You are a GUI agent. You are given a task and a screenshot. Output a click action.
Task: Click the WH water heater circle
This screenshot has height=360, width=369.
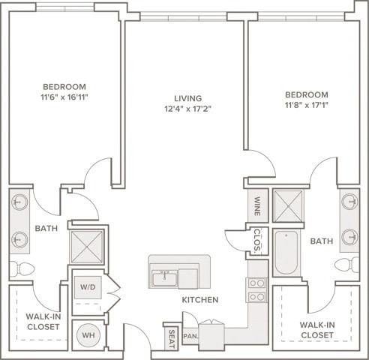click(88, 335)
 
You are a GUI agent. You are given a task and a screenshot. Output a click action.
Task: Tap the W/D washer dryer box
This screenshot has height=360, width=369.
click(88, 287)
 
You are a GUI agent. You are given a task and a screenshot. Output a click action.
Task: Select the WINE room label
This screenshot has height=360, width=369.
click(257, 206)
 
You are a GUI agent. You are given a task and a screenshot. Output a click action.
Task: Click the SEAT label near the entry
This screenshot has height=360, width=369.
click(172, 339)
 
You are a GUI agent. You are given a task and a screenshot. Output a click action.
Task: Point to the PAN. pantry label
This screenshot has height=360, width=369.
click(191, 336)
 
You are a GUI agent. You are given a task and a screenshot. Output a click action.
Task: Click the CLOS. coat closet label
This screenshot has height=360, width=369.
click(257, 240)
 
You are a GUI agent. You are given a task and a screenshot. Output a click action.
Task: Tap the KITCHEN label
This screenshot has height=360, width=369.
click(200, 300)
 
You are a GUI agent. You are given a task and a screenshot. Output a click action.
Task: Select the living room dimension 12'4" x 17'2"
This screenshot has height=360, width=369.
click(188, 109)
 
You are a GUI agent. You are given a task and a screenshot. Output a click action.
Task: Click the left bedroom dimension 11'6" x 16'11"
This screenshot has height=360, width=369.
click(64, 97)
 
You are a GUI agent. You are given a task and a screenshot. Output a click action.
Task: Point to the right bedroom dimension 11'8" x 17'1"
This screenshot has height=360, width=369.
click(307, 105)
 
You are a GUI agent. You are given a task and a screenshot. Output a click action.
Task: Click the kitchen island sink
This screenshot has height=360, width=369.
click(165, 278)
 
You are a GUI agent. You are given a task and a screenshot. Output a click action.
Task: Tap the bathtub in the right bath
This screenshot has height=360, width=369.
click(286, 252)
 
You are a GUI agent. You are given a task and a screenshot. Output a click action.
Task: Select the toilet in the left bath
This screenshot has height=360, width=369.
click(22, 269)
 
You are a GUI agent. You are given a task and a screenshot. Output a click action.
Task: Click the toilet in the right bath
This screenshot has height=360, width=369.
click(347, 265)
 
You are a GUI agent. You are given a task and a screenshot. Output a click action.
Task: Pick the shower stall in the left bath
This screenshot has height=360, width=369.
click(86, 247)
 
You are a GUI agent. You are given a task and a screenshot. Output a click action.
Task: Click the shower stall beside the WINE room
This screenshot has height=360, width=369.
click(288, 206)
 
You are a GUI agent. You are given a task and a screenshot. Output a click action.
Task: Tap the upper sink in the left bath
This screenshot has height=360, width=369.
click(19, 202)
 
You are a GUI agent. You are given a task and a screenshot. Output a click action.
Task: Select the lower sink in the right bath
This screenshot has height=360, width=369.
click(349, 237)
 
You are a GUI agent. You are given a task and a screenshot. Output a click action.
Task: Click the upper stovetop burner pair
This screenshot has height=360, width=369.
click(257, 283)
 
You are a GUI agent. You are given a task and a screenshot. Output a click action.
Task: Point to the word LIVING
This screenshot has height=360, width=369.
click(188, 98)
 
